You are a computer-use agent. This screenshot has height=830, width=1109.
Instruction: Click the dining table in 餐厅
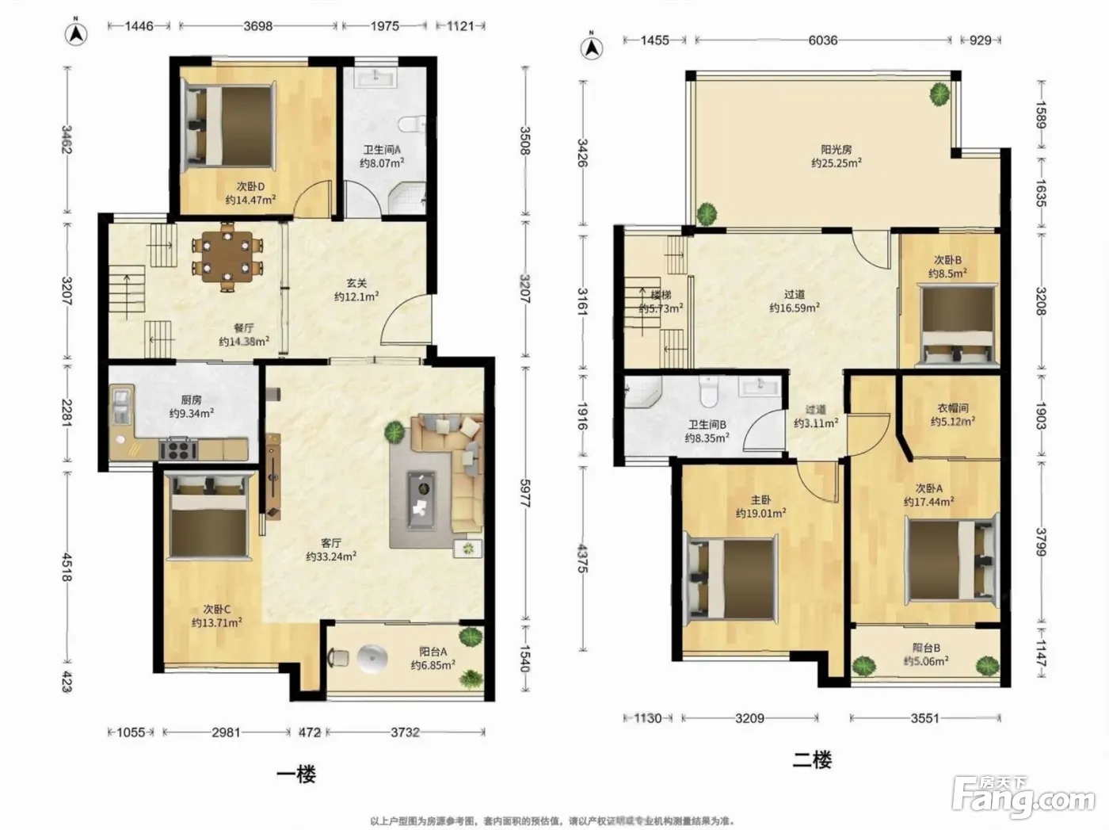[x=227, y=257]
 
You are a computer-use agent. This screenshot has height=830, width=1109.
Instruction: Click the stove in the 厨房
[x=178, y=449]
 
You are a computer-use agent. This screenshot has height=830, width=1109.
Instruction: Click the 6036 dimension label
[x=822, y=40]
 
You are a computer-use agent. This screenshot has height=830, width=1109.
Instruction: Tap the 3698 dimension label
[x=257, y=26]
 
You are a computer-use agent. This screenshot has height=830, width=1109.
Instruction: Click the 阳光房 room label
[x=837, y=150]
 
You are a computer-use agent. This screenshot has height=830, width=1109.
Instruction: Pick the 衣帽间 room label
[x=953, y=408]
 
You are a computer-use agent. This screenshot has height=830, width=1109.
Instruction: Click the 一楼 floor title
[x=296, y=775]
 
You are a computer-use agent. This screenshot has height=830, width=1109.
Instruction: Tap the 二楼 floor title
[x=813, y=760]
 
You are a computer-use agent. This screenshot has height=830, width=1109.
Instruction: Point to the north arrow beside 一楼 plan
[x=76, y=33]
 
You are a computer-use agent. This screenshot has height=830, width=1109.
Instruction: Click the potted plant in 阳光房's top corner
[x=939, y=94]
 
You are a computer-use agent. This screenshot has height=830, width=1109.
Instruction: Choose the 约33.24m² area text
[x=331, y=557]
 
